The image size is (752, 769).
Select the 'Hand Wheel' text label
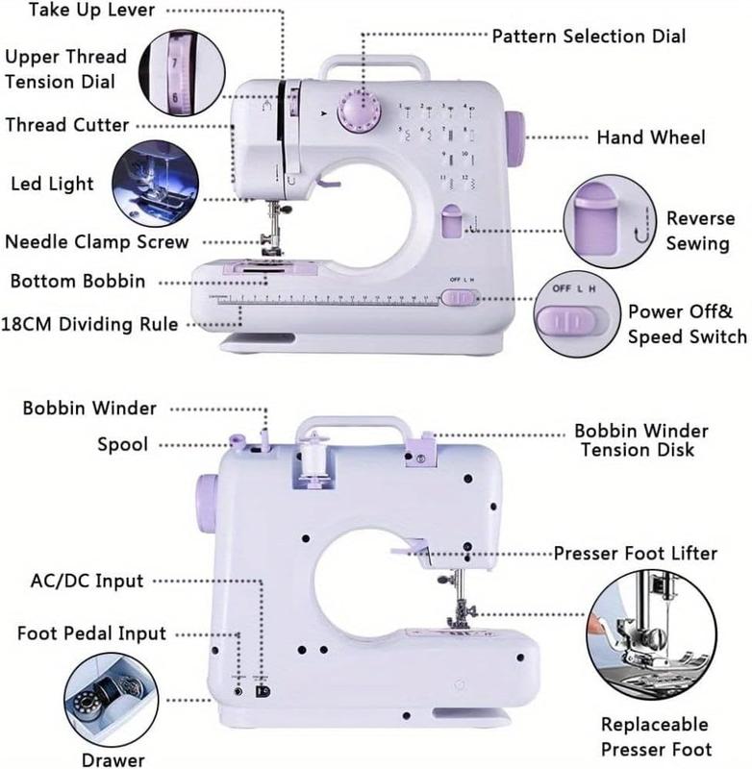650,137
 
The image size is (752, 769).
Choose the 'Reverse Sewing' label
699,231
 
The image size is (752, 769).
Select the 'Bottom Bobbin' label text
78,282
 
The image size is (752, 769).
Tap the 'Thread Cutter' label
66,125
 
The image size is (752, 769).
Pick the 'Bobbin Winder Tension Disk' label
640,440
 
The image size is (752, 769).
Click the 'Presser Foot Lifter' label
635,554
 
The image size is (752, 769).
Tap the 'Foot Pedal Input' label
91,633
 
